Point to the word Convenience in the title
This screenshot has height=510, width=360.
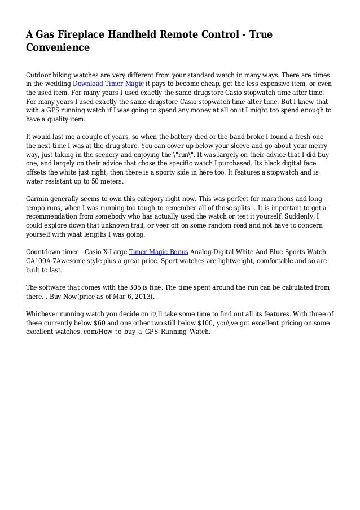point(58,48)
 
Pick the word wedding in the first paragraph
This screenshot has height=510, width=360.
point(56,84)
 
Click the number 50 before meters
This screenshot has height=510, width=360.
point(98,182)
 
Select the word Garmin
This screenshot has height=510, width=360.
point(40,199)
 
